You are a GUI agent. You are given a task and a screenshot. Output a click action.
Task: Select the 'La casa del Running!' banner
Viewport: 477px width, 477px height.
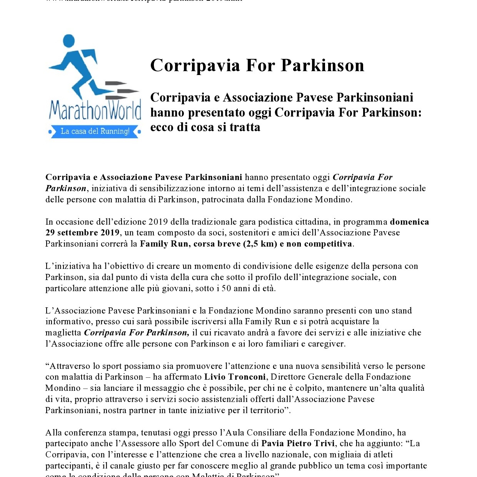pyautogui.click(x=95, y=132)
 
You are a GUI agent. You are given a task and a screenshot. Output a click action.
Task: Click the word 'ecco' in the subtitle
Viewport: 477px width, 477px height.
pyautogui.click(x=162, y=127)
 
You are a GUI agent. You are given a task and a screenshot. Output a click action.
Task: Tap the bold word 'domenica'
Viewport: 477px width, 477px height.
pyautogui.click(x=409, y=222)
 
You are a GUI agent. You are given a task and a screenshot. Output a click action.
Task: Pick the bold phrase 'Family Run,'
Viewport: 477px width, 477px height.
pyautogui.click(x=165, y=244)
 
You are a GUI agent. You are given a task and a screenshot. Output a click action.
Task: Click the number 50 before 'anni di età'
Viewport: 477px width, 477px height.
pyautogui.click(x=227, y=288)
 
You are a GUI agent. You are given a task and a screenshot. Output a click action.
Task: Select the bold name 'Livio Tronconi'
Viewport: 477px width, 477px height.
pyautogui.click(x=235, y=377)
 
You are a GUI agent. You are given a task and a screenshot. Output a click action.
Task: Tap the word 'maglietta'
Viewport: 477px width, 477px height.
pyautogui.click(x=63, y=333)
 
